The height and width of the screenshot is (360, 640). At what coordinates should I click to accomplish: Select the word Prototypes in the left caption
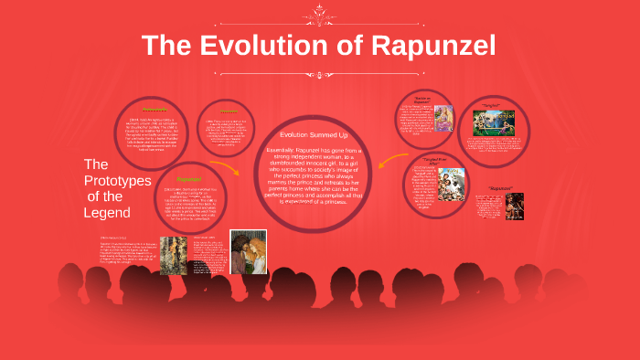pyautogui.click(x=117, y=180)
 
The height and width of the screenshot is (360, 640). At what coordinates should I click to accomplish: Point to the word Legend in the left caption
pyautogui.click(x=107, y=213)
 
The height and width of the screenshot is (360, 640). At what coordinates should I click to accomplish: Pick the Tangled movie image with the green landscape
pyautogui.click(x=493, y=124)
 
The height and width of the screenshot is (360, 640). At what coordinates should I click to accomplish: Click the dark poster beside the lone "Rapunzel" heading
pyautogui.click(x=515, y=206)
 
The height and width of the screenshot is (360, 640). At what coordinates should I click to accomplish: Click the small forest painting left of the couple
pyautogui.click(x=173, y=255)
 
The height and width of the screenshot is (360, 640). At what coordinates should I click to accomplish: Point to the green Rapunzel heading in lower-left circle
pyautogui.click(x=189, y=179)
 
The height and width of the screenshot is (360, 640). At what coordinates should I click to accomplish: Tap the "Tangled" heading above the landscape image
pyautogui.click(x=493, y=106)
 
